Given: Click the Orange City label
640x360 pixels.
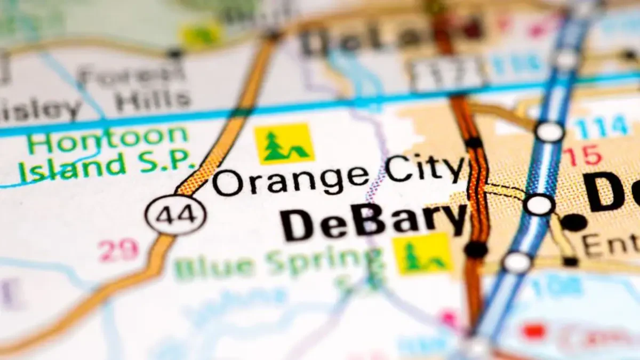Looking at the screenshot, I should tap(339, 176).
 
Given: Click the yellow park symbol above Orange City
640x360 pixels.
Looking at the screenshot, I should tap(284, 143).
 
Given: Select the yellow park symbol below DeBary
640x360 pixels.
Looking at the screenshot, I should tap(422, 253).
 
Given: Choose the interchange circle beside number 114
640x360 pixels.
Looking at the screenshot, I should tap(550, 131).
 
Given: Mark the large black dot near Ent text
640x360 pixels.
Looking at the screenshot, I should tap(574, 222).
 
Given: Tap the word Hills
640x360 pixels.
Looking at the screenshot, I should tap(153, 100).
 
